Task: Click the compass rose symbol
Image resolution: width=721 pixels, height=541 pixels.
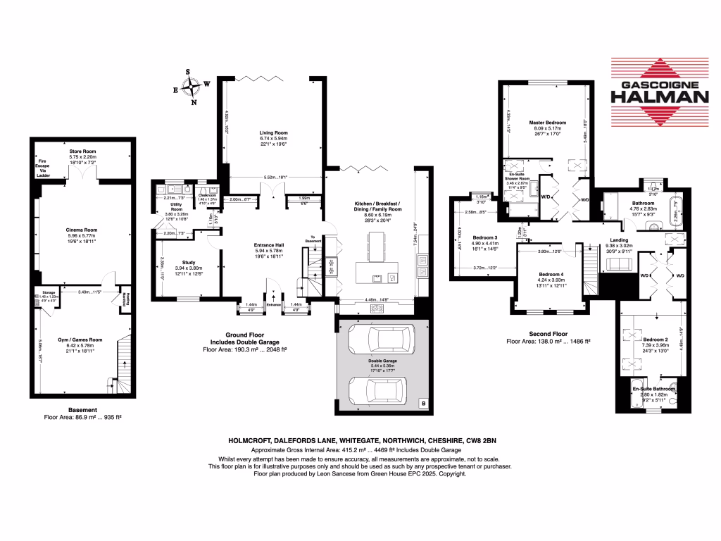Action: coord(192,87)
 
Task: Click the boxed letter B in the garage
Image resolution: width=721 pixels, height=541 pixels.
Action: coord(422,404)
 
